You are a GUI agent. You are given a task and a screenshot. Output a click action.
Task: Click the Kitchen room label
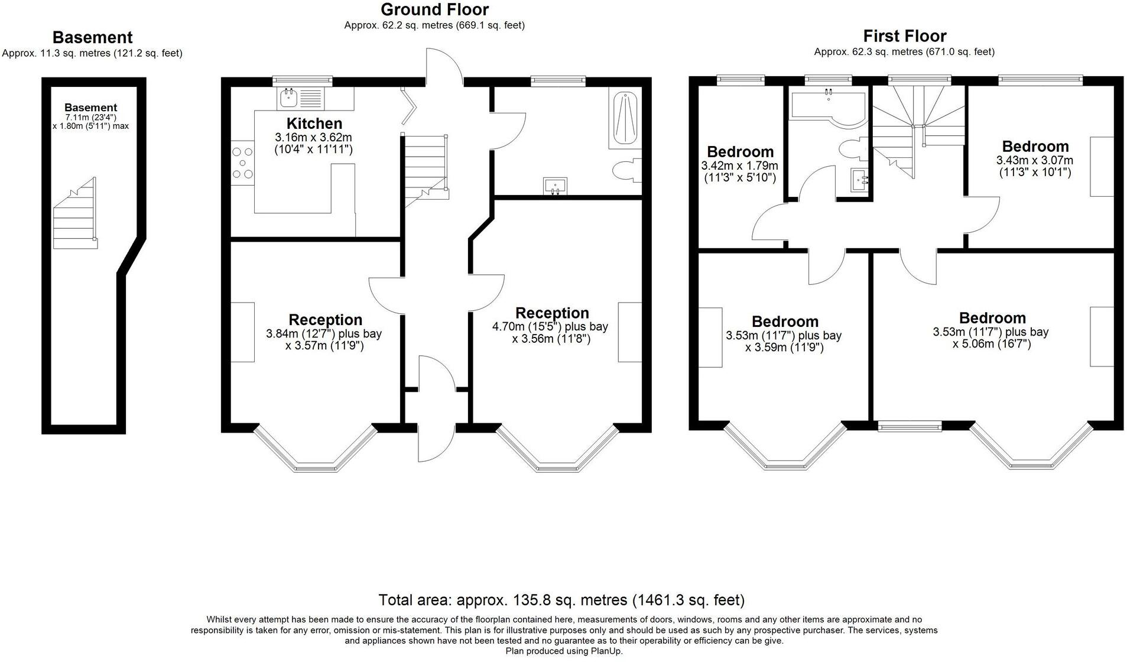coord(314,124)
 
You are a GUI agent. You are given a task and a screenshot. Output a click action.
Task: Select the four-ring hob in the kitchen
coord(242,162)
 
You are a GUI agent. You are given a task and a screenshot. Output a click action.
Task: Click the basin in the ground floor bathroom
coord(555,186)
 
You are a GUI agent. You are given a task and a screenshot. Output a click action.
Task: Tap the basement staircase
coord(75,215)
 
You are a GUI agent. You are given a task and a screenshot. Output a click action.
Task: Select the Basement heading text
coord(92,37)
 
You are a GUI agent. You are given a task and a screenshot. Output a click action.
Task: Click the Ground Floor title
coord(434,9)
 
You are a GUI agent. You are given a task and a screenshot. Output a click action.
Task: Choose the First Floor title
coord(904,36)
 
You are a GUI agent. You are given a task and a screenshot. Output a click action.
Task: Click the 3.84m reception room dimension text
coord(324,333)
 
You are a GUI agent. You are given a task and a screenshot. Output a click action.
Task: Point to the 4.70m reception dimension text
coord(550,326)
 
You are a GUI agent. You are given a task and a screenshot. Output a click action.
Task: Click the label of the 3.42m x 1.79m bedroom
coord(740,152)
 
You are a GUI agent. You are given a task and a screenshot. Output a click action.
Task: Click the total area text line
coord(561,601)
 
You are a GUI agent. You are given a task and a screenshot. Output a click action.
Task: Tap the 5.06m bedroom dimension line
coord(991,344)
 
